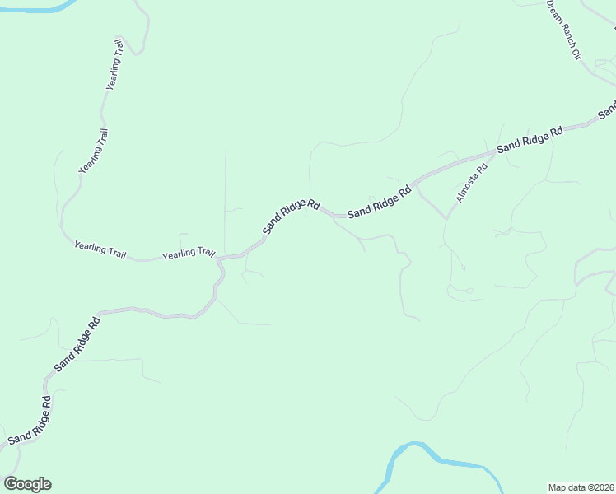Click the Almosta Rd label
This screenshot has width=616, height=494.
[472, 184]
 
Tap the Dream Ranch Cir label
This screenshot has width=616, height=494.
[564, 30]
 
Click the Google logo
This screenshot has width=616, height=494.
[27, 484]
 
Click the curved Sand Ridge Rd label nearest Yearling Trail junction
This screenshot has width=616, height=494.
[291, 216]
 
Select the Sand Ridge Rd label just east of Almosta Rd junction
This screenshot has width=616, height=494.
[530, 137]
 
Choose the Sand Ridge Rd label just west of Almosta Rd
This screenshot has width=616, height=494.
[379, 203]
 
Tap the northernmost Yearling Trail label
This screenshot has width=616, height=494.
[114, 64]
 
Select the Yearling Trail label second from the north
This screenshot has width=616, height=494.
[93, 151]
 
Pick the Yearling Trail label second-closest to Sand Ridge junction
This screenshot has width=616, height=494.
[100, 248]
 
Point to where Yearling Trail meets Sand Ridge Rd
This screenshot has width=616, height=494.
[219, 259]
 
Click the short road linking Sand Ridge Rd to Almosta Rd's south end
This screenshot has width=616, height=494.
[430, 198]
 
